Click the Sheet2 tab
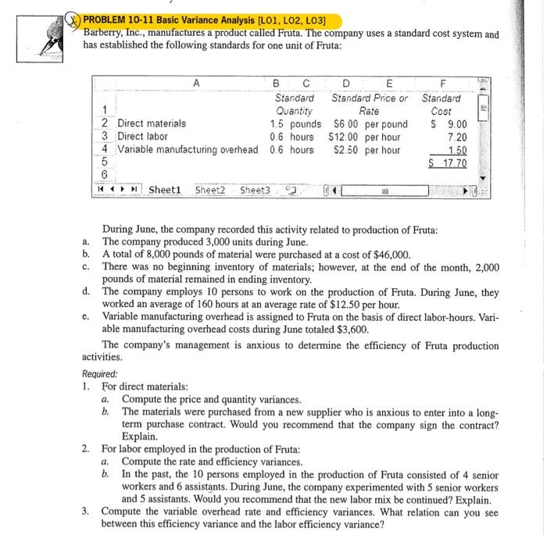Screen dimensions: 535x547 pyautogui.click(x=209, y=190)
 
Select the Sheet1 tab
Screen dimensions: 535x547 pyautogui.click(x=165, y=190)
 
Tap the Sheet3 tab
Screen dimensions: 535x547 pyautogui.click(x=254, y=190)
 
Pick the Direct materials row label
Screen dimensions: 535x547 pyautogui.click(x=152, y=123)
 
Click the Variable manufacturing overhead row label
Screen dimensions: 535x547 pyautogui.click(x=188, y=150)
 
